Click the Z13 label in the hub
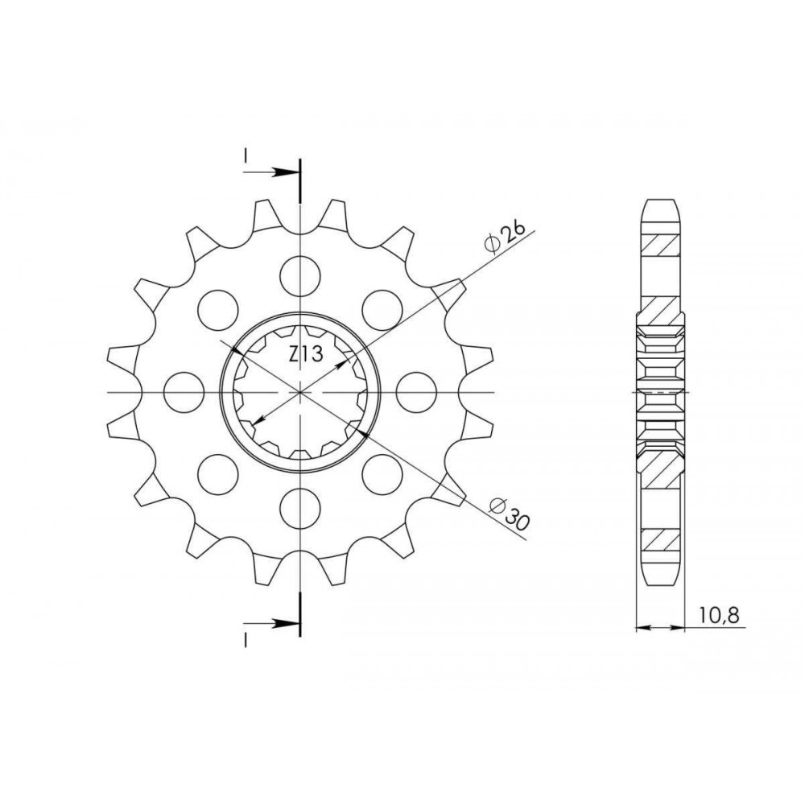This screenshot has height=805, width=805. (x=305, y=354)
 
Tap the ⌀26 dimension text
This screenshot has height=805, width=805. (x=506, y=237)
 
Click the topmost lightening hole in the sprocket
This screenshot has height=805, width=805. (x=300, y=275)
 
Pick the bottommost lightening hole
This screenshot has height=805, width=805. (x=300, y=508)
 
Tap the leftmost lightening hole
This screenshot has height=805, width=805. (x=184, y=392)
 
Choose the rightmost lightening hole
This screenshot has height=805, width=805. (x=416, y=392)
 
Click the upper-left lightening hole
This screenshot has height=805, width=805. (x=218, y=310)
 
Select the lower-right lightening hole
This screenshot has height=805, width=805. (x=382, y=474)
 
